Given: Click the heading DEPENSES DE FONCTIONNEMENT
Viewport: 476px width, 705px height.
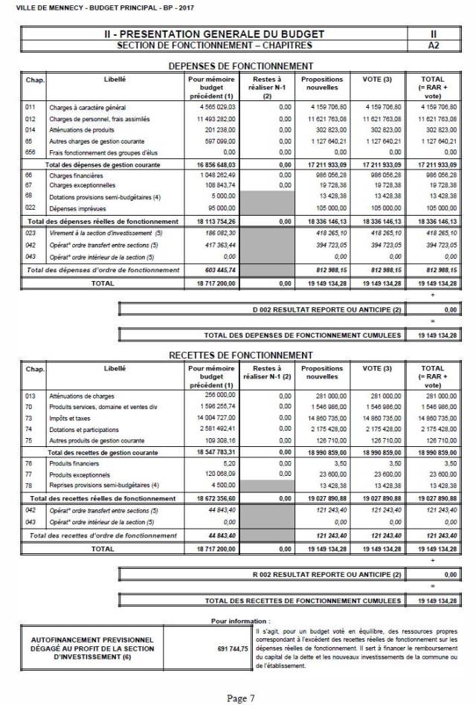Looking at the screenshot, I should coord(241,66).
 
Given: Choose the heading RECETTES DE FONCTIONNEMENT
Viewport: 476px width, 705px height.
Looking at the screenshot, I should coord(241,355).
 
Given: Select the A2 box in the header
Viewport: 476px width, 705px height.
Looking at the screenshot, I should coord(433,45).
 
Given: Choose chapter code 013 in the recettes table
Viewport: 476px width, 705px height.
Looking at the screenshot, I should coord(30,396).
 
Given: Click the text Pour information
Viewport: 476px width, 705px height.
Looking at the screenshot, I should coord(241,619).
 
